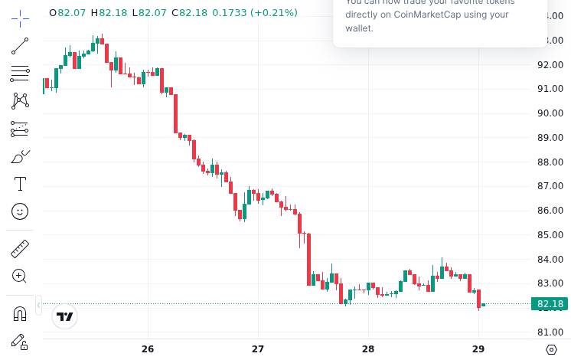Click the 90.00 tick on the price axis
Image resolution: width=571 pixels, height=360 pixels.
pyautogui.click(x=550, y=113)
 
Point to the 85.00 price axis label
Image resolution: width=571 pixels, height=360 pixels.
pyautogui.click(x=550, y=235)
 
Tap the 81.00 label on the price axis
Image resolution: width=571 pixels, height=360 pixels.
pyautogui.click(x=550, y=332)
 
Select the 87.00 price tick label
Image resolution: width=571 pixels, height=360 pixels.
pyautogui.click(x=550, y=186)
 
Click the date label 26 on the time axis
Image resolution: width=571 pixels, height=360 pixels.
pyautogui.click(x=148, y=349)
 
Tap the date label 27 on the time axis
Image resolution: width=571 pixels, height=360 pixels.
pyautogui.click(x=258, y=349)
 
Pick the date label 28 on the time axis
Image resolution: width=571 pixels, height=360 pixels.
pyautogui.click(x=368, y=349)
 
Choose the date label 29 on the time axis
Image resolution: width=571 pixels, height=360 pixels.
pyautogui.click(x=478, y=349)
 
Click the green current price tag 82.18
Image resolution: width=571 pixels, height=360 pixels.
pyautogui.click(x=550, y=304)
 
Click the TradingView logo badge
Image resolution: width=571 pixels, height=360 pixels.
pyautogui.click(x=65, y=316)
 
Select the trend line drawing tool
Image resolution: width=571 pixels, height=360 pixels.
pyautogui.click(x=20, y=46)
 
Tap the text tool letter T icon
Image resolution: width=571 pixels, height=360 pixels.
pyautogui.click(x=20, y=184)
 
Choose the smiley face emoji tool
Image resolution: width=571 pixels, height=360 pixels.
pyautogui.click(x=20, y=211)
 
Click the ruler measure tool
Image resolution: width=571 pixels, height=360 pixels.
pyautogui.click(x=20, y=248)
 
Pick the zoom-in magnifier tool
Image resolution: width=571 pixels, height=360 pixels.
pyautogui.click(x=20, y=276)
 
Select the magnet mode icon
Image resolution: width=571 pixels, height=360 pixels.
pyautogui.click(x=20, y=313)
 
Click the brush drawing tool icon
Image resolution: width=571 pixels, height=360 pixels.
pyautogui.click(x=20, y=156)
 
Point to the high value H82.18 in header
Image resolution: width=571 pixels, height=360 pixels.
pyautogui.click(x=109, y=13)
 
